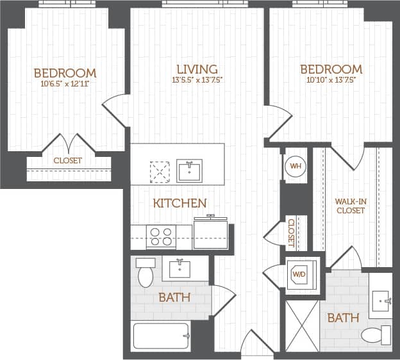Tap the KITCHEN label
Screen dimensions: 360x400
point(179,203)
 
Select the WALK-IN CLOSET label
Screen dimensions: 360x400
point(351,206)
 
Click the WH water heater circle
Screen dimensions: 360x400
point(296,166)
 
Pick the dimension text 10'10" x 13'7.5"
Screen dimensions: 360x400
point(330,81)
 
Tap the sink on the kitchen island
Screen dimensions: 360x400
point(189,171)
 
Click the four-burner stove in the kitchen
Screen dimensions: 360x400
point(160,237)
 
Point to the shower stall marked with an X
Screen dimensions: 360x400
point(302,325)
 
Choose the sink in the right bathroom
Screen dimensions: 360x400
point(383,299)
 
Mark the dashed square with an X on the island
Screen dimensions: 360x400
point(159,172)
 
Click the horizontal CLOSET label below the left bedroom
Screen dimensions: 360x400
point(67,161)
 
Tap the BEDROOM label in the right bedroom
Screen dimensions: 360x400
point(330,69)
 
